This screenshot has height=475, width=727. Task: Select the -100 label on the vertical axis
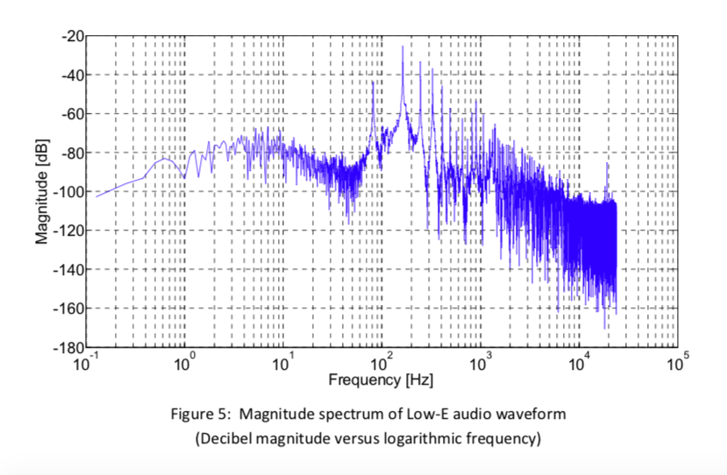(x=68, y=192)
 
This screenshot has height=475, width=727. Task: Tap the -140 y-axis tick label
(x=68, y=269)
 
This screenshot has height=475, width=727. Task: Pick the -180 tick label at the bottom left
(x=68, y=347)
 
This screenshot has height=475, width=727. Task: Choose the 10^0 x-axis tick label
(x=185, y=364)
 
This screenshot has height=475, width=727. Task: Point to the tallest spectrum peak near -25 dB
(x=403, y=47)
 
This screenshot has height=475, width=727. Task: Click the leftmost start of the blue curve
(x=96, y=196)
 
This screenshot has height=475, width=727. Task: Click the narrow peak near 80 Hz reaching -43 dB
(x=373, y=82)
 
